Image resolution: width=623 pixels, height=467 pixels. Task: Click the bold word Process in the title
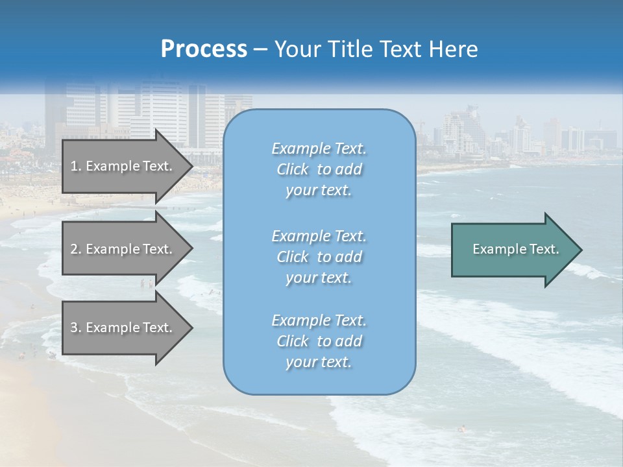pyautogui.click(x=204, y=49)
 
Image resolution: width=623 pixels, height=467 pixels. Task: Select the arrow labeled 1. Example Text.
pyautogui.click(x=123, y=166)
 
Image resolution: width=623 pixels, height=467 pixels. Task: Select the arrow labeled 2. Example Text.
pyautogui.click(x=123, y=249)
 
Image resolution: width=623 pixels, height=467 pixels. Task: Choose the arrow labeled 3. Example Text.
pyautogui.click(x=123, y=328)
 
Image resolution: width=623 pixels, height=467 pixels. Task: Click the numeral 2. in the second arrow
pyautogui.click(x=76, y=249)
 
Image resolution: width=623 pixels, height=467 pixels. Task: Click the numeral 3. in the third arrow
pyautogui.click(x=76, y=328)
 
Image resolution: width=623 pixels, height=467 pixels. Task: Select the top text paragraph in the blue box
pyautogui.click(x=319, y=169)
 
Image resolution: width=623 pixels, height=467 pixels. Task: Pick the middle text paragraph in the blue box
pyautogui.click(x=319, y=257)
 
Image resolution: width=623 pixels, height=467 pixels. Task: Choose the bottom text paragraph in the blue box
pyautogui.click(x=319, y=341)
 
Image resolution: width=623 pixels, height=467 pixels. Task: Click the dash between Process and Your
pyautogui.click(x=261, y=49)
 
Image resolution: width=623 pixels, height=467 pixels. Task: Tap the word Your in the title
pyautogui.click(x=297, y=49)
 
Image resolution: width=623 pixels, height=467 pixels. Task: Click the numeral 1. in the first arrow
pyautogui.click(x=75, y=166)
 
